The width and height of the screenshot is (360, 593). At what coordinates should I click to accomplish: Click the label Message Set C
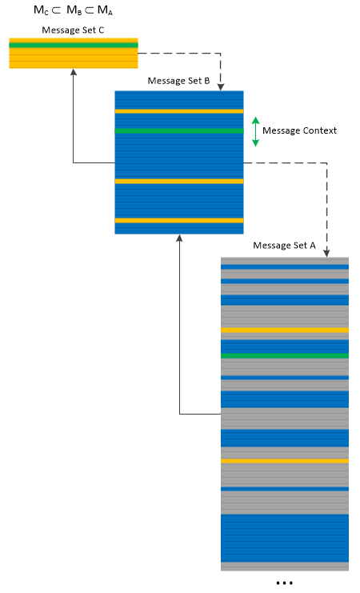click(x=73, y=30)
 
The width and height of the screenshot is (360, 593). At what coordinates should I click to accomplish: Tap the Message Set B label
click(x=178, y=81)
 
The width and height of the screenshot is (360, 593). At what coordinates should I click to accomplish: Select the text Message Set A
click(x=284, y=246)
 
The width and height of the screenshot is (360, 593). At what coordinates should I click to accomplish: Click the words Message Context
click(x=299, y=130)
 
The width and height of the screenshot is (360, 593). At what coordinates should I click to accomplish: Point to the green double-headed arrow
click(x=256, y=131)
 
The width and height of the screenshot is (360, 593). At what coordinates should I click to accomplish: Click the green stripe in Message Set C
click(x=74, y=46)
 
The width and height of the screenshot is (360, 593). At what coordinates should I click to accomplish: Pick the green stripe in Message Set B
click(x=179, y=131)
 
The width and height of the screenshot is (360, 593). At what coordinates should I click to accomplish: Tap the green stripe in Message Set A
click(x=285, y=355)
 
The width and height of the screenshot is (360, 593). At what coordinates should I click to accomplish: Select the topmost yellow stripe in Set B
click(x=179, y=111)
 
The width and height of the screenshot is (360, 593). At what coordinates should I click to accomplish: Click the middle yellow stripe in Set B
click(x=179, y=182)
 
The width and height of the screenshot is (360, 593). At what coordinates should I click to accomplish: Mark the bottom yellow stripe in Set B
click(x=179, y=221)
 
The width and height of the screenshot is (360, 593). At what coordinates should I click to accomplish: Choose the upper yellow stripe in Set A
click(x=285, y=331)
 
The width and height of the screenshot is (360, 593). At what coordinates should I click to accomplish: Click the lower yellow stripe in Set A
click(x=285, y=461)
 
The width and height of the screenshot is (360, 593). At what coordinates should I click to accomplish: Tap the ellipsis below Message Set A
click(x=284, y=583)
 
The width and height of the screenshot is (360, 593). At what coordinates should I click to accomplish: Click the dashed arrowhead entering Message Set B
click(x=221, y=87)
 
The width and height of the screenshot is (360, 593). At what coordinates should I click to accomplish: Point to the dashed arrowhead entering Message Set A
click(x=326, y=254)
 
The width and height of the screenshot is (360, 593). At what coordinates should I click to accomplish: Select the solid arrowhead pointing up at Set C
click(x=74, y=72)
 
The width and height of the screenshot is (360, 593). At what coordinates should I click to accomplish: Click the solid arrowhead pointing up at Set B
click(x=180, y=238)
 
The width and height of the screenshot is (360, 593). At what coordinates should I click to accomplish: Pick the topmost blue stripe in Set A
click(x=285, y=267)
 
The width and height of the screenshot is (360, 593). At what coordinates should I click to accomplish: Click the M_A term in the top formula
click(x=105, y=10)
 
